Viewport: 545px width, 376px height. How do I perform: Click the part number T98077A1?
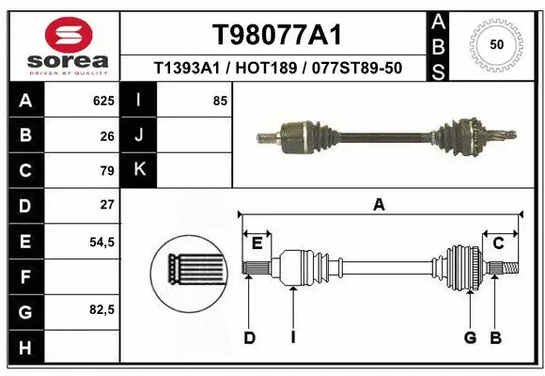pyautogui.click(x=276, y=35)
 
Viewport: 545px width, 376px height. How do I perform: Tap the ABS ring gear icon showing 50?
pyautogui.click(x=495, y=43)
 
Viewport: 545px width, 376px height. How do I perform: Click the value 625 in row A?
pyautogui.click(x=103, y=101)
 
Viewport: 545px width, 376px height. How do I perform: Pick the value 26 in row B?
pyautogui.click(x=107, y=135)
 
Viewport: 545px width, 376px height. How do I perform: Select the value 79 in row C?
pyautogui.click(x=107, y=171)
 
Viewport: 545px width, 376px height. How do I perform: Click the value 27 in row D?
pyautogui.click(x=107, y=205)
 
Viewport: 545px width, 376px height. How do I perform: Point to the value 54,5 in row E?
pyautogui.click(x=101, y=242)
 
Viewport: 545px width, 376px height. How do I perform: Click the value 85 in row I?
pyautogui.click(x=220, y=101)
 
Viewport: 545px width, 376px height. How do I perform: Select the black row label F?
pyautogui.click(x=24, y=277)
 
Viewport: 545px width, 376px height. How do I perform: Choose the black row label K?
pyautogui.click(x=139, y=170)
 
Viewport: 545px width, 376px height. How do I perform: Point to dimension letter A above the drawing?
pyautogui.click(x=380, y=205)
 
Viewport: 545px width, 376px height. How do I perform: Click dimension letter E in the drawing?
pyautogui.click(x=257, y=243)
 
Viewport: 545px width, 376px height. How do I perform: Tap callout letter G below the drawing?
pyautogui.click(x=469, y=337)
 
